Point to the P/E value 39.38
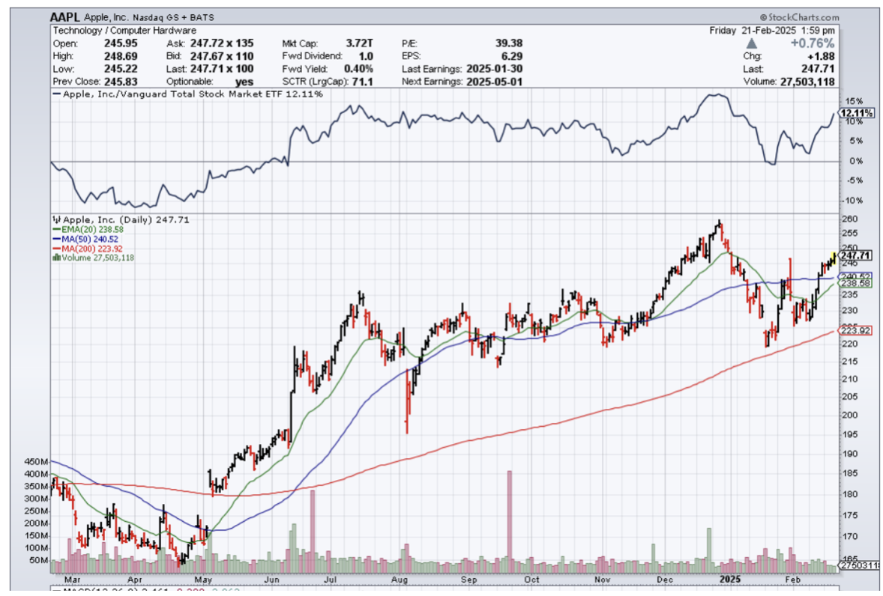point(508,43)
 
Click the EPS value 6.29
point(512,55)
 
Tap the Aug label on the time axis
point(400,580)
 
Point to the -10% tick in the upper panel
point(852,201)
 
